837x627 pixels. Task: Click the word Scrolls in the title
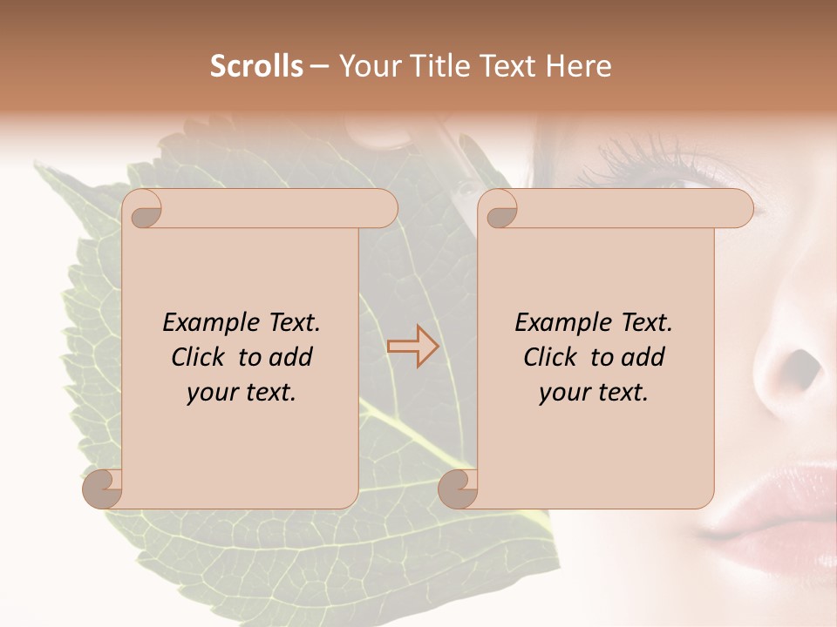(256, 66)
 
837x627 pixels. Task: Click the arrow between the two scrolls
(412, 346)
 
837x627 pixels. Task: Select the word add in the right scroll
(643, 357)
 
